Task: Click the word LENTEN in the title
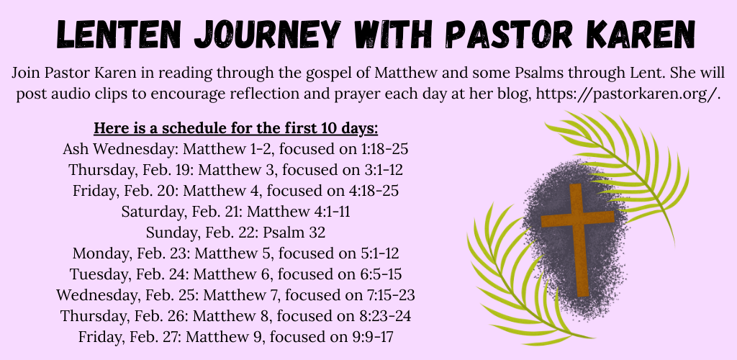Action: [119, 34]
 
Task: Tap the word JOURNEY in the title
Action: [268, 34]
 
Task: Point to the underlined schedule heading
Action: [236, 128]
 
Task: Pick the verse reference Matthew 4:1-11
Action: [299, 212]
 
